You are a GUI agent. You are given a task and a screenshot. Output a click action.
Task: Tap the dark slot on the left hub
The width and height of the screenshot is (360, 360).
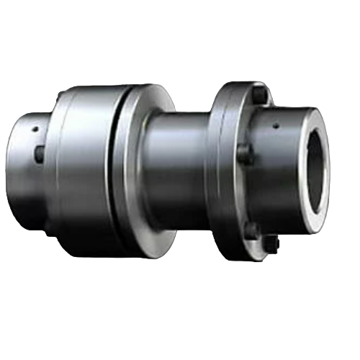(x=40, y=153)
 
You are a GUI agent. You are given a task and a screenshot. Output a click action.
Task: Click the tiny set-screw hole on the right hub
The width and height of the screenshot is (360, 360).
(x=276, y=126)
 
